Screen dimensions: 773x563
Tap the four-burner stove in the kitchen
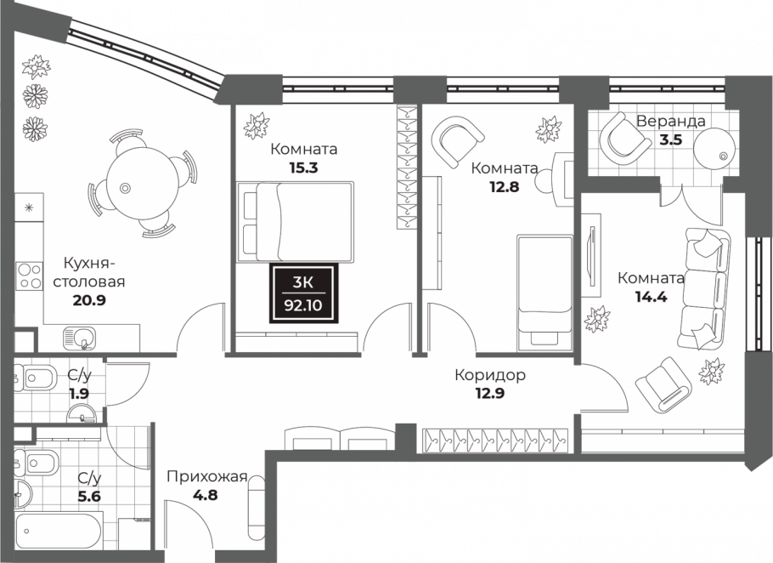(x=29, y=276)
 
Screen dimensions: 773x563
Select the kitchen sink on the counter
(x=79, y=338)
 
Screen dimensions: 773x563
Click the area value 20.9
(x=89, y=300)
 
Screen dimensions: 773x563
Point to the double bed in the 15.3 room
(x=295, y=222)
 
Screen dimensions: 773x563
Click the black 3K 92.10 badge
(x=304, y=293)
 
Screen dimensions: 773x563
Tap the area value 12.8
(x=505, y=187)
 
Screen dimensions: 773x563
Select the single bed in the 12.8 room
(x=544, y=293)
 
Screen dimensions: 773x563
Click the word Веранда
(x=670, y=121)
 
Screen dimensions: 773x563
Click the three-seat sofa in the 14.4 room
(x=703, y=289)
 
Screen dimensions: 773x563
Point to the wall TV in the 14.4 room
(x=591, y=256)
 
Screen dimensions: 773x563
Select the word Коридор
(x=490, y=375)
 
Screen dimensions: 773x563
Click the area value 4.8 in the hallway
(x=206, y=494)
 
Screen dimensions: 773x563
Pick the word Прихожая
(x=206, y=477)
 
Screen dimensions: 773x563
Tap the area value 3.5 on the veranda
(x=671, y=139)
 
